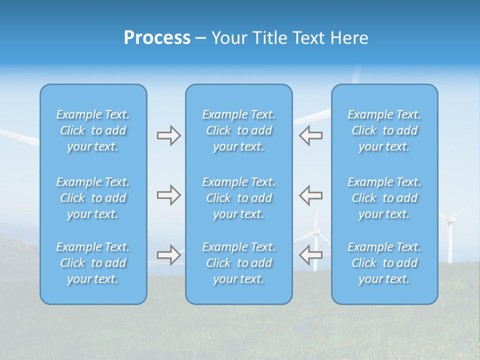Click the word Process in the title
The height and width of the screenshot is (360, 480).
(157, 38)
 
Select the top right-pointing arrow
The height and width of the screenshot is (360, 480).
(168, 135)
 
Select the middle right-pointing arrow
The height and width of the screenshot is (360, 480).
(168, 195)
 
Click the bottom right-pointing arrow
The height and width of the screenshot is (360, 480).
(168, 254)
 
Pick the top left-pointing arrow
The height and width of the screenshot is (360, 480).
(310, 135)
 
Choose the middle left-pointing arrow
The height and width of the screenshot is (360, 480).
(310, 195)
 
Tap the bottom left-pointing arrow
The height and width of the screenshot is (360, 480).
(310, 254)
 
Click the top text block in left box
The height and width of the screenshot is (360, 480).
(93, 130)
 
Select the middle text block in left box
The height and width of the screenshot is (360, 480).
(93, 198)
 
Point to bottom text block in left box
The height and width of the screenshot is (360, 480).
(93, 263)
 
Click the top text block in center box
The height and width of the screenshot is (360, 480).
(238, 130)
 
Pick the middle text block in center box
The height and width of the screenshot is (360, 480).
(238, 198)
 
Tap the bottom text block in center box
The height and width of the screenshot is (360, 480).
(238, 263)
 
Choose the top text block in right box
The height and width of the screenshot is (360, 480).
(384, 130)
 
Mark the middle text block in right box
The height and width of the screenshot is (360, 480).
(384, 198)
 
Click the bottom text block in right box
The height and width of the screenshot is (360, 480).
(384, 263)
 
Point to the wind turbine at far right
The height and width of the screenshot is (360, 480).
(450, 235)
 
